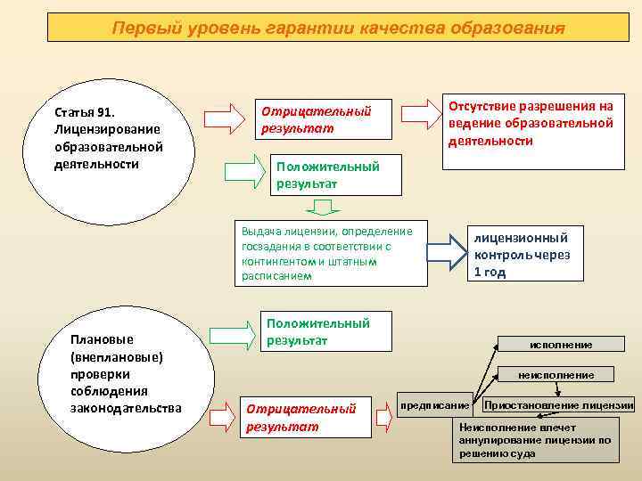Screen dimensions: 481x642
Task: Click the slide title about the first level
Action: click(x=338, y=28)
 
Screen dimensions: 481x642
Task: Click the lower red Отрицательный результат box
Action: click(x=304, y=417)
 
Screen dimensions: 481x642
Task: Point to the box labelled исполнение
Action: click(x=561, y=345)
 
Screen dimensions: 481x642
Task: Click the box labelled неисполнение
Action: click(x=561, y=375)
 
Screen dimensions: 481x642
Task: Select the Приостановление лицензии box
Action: click(x=557, y=405)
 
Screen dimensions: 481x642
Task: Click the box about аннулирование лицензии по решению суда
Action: click(x=535, y=440)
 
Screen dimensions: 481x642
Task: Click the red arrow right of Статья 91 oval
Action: click(x=224, y=118)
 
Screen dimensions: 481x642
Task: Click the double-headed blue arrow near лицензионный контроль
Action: click(x=447, y=252)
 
